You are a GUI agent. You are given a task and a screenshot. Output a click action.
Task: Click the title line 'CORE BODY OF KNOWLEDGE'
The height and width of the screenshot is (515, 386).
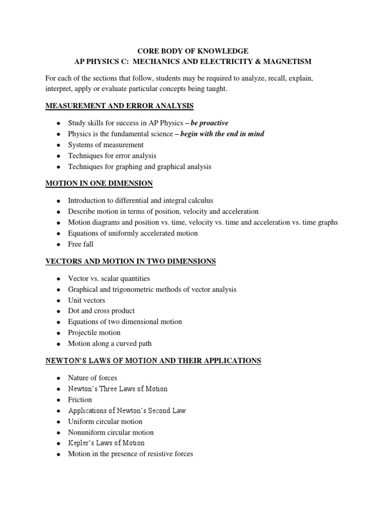[x=193, y=51]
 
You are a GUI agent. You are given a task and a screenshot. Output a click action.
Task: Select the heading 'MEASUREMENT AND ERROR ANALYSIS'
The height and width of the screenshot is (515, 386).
[x=120, y=106]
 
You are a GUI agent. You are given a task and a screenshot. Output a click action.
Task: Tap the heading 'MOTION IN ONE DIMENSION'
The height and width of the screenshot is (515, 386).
[x=99, y=183]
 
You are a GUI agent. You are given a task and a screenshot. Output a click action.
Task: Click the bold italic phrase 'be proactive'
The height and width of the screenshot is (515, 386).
[x=210, y=123]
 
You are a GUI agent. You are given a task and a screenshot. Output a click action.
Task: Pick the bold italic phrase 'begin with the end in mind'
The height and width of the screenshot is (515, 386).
[x=222, y=134]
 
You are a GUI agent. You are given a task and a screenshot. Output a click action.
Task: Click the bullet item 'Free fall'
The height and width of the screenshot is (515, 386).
[x=81, y=244]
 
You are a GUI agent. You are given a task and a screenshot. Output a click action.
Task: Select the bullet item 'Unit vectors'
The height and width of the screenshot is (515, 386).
[x=87, y=300]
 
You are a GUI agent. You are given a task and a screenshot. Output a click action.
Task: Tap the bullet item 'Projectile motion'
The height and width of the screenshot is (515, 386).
[x=94, y=332]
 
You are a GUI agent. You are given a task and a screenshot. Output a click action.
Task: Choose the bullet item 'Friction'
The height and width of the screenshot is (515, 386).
[x=80, y=399]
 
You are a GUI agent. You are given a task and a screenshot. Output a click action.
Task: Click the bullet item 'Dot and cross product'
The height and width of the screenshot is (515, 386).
[x=102, y=311]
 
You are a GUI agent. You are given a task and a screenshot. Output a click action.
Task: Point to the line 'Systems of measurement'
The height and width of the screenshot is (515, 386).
[x=106, y=145]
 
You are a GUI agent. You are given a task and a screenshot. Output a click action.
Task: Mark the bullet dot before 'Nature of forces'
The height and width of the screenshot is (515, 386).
[x=58, y=378]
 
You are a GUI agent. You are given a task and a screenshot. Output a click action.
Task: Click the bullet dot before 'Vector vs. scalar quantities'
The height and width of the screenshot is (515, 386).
[x=58, y=279]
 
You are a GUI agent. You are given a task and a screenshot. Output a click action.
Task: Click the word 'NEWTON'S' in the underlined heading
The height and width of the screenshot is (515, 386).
[x=64, y=361]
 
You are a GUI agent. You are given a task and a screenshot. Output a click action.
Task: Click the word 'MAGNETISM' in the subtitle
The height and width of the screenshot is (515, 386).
[x=288, y=61]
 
